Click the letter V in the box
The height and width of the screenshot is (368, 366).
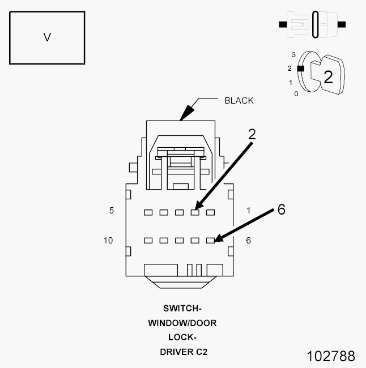47,37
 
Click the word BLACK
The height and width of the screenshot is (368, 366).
239,101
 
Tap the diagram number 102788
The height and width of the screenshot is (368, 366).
331,356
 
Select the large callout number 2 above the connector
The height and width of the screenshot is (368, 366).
252,134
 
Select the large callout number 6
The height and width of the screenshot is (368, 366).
281,209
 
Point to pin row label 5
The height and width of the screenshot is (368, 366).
112,211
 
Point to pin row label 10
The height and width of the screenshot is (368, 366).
108,241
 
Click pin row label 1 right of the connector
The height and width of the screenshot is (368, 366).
248,211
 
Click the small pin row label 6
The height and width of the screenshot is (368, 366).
248,241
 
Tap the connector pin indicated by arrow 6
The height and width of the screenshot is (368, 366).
210,241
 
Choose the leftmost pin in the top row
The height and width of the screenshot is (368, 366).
148,213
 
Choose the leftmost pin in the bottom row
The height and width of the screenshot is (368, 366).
148,241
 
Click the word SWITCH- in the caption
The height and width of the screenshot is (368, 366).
182,309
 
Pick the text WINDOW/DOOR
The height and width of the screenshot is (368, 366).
182,323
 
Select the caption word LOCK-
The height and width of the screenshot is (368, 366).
182,338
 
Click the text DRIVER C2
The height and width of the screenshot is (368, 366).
182,352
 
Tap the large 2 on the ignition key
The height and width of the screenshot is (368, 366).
328,77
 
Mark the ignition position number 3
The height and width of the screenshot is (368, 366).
293,54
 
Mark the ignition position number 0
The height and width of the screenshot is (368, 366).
296,93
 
